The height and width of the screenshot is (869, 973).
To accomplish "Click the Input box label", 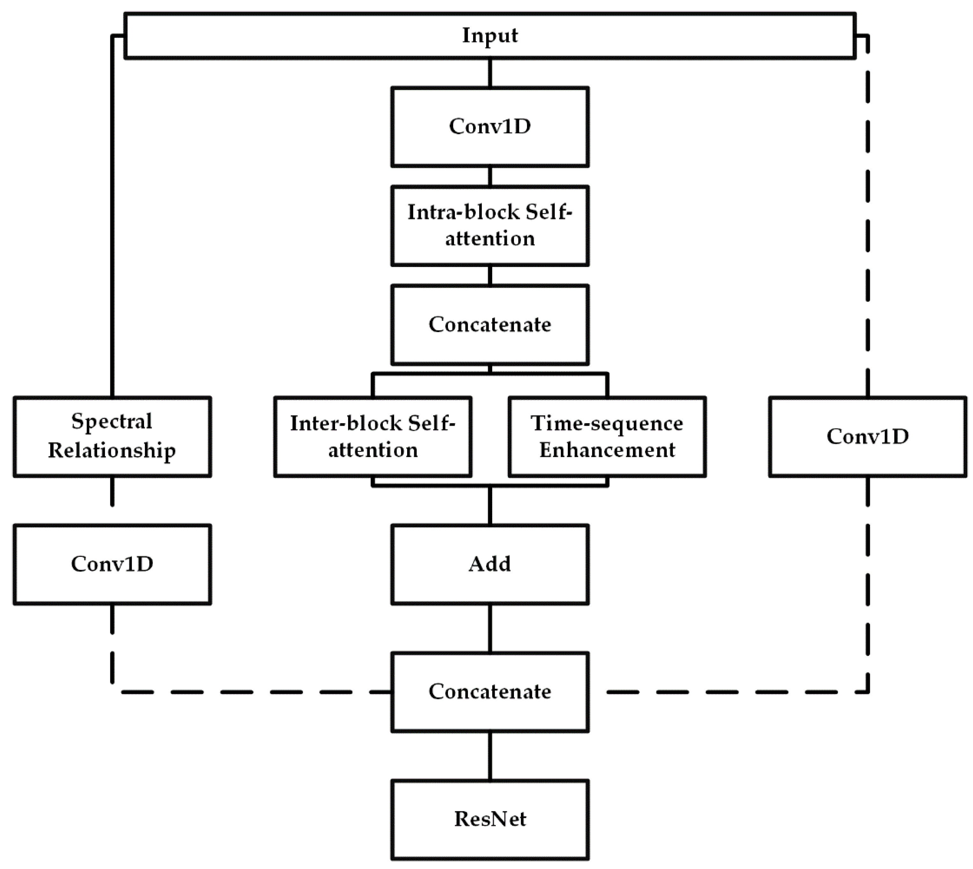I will pyautogui.click(x=490, y=36).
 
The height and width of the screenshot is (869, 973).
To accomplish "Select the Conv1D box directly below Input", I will pyautogui.click(x=490, y=127).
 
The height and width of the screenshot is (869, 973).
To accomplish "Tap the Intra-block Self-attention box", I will pyautogui.click(x=490, y=225).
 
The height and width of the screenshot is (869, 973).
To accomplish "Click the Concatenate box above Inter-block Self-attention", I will pyautogui.click(x=490, y=325).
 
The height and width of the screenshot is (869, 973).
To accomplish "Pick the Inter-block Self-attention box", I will pyautogui.click(x=373, y=436).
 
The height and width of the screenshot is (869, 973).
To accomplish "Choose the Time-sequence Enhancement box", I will pyautogui.click(x=607, y=436).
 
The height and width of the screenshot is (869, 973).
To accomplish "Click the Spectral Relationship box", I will pyautogui.click(x=112, y=436).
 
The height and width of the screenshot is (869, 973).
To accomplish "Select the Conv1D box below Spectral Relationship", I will pyautogui.click(x=112, y=564).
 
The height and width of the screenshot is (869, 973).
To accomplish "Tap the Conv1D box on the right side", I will pyautogui.click(x=867, y=436).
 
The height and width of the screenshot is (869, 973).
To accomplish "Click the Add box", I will pyautogui.click(x=490, y=564).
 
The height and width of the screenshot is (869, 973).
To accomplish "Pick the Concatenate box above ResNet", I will pyautogui.click(x=490, y=692).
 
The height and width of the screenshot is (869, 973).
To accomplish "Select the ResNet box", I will pyautogui.click(x=490, y=819).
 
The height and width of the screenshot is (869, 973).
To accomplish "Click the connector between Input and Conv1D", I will pyautogui.click(x=490, y=73).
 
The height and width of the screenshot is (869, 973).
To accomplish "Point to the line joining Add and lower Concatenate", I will pyautogui.click(x=490, y=628).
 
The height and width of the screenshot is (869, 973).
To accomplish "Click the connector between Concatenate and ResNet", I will pyautogui.click(x=490, y=756).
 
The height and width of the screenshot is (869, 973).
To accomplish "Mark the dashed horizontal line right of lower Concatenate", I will pyautogui.click(x=730, y=692).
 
